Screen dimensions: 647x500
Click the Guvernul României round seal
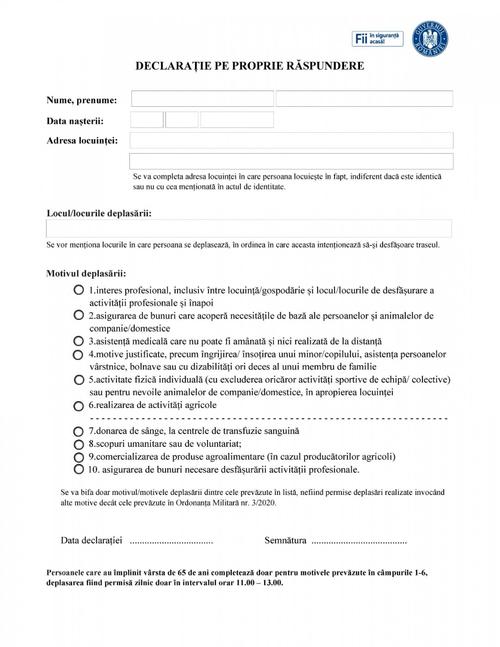tap(430, 39)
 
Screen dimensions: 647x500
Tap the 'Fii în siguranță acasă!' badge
tap(377, 39)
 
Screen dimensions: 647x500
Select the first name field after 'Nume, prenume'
tap(202, 99)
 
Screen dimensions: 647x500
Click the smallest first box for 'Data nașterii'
tap(147, 120)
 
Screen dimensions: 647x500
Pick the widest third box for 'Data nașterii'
tap(237, 120)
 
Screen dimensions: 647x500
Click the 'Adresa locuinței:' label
tap(82, 141)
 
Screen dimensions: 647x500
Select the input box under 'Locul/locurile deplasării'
tap(249, 228)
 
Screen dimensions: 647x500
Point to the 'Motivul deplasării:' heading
tap(86, 274)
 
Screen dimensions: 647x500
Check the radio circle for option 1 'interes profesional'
tap(79, 290)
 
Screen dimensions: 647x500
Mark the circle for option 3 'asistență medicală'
tap(79, 341)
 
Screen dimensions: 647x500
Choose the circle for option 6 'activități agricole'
tap(79, 406)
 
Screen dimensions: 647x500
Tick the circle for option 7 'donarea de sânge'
tap(79, 431)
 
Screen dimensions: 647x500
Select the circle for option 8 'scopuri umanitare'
tap(79, 444)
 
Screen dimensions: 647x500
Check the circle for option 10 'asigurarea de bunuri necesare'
tap(79, 470)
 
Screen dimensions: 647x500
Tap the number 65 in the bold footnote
tap(182, 573)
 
